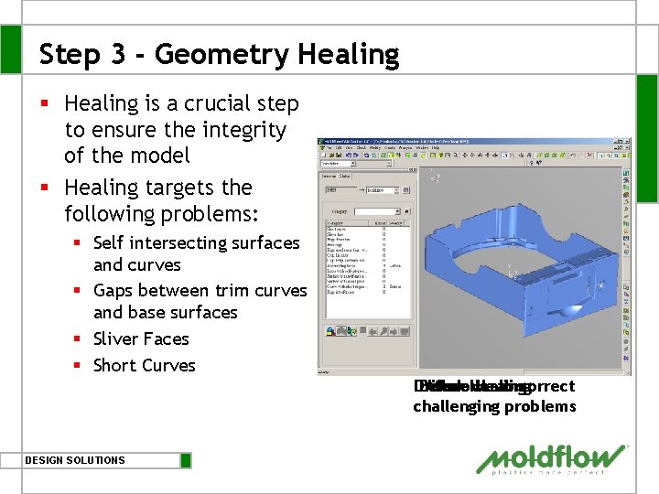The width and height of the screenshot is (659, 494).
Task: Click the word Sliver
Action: [116, 338]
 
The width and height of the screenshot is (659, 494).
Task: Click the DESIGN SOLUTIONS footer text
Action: [75, 460]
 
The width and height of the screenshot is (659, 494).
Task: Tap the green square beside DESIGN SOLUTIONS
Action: [186, 460]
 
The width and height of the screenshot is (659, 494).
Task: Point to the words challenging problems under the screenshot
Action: [494, 406]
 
